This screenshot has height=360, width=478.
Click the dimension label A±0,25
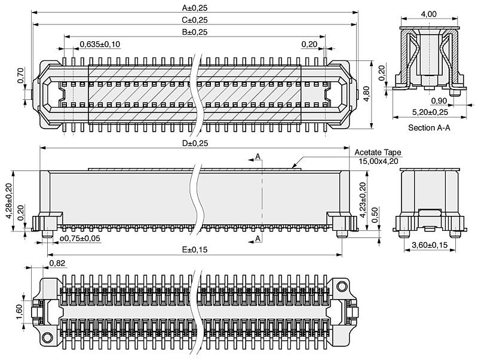(x=195, y=8)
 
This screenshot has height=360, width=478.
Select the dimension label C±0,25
(x=195, y=20)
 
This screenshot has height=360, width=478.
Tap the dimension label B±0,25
(x=195, y=32)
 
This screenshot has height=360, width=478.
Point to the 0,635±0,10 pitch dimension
(x=100, y=44)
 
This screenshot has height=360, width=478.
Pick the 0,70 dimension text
(x=21, y=74)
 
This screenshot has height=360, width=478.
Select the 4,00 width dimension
(x=428, y=14)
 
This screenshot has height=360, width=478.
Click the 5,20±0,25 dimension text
(x=430, y=112)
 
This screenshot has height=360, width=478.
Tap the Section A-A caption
(x=430, y=127)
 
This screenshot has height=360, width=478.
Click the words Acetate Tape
(x=378, y=152)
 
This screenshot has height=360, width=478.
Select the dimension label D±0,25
(x=195, y=144)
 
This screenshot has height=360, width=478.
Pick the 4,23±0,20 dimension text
(x=362, y=200)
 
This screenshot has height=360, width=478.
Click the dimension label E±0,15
(x=195, y=249)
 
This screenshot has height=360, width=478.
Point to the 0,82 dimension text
(x=57, y=263)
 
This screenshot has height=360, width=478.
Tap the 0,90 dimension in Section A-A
(x=439, y=100)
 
